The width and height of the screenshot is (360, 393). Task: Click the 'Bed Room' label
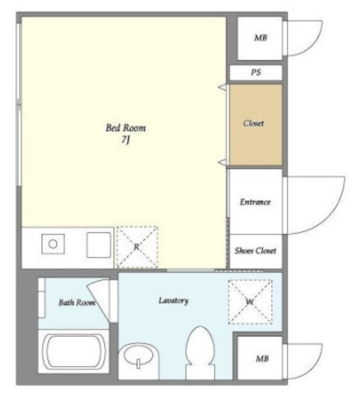(126, 128)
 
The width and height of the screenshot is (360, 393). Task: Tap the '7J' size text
(126, 140)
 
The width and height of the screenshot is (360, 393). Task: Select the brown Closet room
(256, 125)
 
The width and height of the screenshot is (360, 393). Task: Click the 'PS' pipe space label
(256, 72)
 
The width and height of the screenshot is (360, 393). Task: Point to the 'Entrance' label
(255, 202)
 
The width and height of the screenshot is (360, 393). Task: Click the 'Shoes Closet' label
(255, 251)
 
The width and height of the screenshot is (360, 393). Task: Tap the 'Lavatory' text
(174, 300)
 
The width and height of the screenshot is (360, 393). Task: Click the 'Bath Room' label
(77, 303)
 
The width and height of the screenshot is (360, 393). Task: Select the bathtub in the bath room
(74, 352)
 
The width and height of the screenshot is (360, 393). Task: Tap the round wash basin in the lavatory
(139, 355)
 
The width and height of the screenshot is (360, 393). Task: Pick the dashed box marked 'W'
(250, 302)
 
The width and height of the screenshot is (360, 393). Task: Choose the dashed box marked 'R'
(137, 247)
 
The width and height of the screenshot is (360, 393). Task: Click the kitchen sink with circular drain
(53, 244)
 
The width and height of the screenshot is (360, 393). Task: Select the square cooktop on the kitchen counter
(99, 245)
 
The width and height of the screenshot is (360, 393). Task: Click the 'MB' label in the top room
(261, 38)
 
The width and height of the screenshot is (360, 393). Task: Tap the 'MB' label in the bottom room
(262, 359)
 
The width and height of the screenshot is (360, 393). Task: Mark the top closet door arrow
(223, 87)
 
